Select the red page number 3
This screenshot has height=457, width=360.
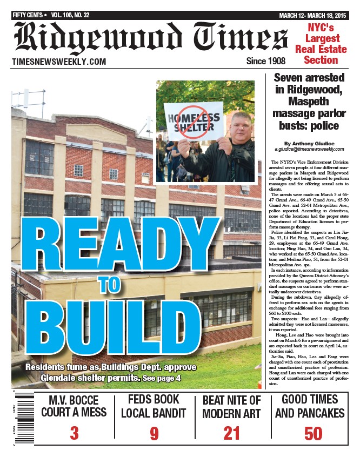click(74, 433)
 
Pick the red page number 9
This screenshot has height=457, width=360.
click(154, 433)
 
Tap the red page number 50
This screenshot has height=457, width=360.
click(314, 433)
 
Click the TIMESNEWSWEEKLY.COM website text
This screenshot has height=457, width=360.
click(59, 62)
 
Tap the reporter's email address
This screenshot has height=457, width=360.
click(309, 149)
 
